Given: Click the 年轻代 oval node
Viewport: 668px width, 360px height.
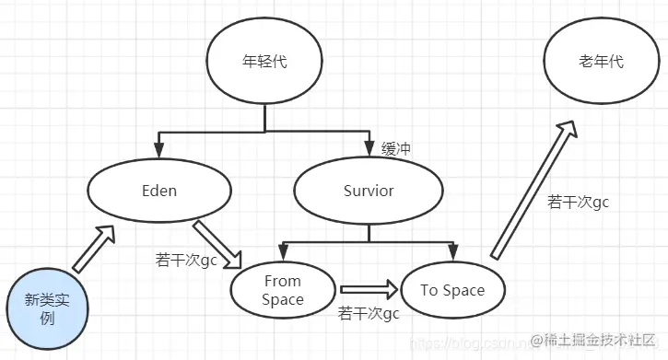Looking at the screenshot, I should (x=264, y=64).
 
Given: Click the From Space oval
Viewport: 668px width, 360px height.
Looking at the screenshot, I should (x=282, y=290).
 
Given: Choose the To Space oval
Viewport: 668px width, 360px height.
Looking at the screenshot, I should (x=451, y=290).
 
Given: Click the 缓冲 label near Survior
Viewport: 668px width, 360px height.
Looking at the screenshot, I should (x=395, y=147).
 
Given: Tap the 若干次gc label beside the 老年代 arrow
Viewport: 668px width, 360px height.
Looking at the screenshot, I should (x=579, y=201).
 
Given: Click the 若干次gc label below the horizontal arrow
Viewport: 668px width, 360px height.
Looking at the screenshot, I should (x=369, y=314).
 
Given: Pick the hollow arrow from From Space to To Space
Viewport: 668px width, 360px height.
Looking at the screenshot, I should (x=369, y=290).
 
